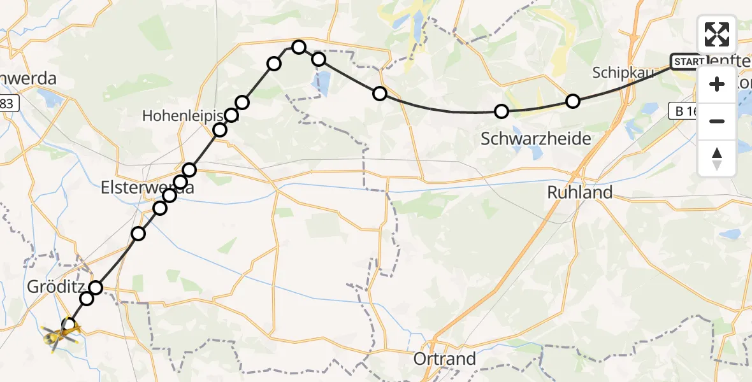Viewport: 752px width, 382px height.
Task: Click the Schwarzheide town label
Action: pos(535,139)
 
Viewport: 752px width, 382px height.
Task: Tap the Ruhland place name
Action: pos(580,192)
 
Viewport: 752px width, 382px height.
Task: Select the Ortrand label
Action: pos(444,358)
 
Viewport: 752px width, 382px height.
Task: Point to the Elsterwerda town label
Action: pos(147,188)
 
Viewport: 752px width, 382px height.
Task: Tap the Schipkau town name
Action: pos(623,72)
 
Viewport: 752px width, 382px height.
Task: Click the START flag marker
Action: pos(688,62)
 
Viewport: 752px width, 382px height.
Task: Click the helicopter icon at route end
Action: pos(59,334)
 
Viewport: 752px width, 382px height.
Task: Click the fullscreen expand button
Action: pos(717,34)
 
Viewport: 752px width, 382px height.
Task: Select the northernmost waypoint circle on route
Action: pos(299,46)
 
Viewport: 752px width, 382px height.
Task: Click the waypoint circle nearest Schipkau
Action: pos(573,101)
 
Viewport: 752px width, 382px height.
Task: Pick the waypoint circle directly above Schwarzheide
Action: pos(502,111)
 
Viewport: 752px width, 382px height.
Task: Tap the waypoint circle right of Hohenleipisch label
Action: pos(231,115)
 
